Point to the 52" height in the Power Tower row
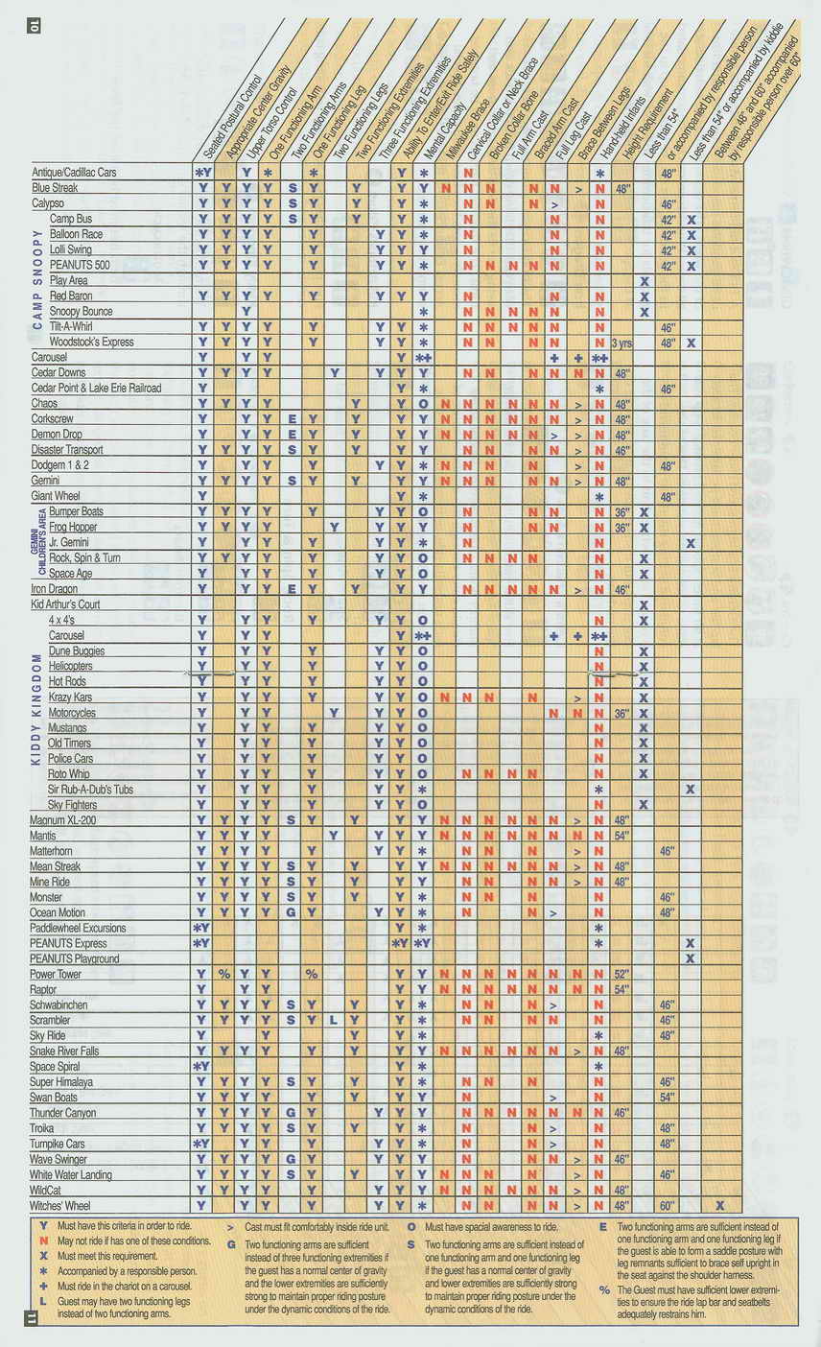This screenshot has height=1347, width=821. [622, 974]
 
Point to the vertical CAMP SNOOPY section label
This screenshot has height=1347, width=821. [37, 278]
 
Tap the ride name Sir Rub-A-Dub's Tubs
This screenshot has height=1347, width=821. [90, 789]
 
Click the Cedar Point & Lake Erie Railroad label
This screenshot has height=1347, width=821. [96, 388]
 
